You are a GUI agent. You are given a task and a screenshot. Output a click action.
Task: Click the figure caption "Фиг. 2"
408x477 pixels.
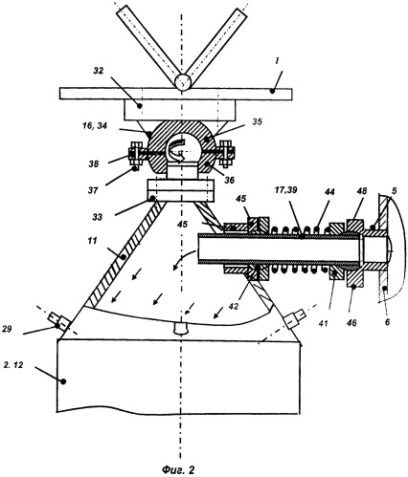178,469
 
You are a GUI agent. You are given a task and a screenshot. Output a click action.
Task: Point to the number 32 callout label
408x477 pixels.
99,71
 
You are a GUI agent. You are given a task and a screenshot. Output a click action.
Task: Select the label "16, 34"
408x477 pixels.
94,126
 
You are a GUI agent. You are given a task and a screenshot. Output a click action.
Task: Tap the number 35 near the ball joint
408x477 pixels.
257,121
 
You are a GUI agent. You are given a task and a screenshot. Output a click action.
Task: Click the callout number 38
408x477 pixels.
94,164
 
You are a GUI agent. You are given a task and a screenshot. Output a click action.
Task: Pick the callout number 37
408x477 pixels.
93,190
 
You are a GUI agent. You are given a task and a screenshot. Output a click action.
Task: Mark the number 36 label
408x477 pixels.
229,180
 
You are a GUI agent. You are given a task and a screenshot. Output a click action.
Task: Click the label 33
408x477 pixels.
98,217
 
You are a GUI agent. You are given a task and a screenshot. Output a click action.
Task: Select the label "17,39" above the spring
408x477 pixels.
286,190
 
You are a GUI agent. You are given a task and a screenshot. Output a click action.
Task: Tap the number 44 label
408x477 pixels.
329,191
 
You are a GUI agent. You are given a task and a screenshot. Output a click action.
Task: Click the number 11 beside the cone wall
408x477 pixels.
92,241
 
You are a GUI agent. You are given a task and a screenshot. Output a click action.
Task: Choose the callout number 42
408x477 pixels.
235,306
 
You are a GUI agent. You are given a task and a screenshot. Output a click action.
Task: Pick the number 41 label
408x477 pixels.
324,323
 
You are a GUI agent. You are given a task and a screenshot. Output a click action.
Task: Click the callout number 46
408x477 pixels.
351,323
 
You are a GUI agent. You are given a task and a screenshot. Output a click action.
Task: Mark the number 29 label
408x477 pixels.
8,329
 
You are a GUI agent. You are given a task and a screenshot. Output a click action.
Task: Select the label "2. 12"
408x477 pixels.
13,365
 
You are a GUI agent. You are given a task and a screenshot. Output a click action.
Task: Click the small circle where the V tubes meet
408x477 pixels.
183,81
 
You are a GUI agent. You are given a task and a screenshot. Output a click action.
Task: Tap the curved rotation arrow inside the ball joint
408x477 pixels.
177,149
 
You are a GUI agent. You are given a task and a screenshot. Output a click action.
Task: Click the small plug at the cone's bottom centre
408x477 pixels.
181,328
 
